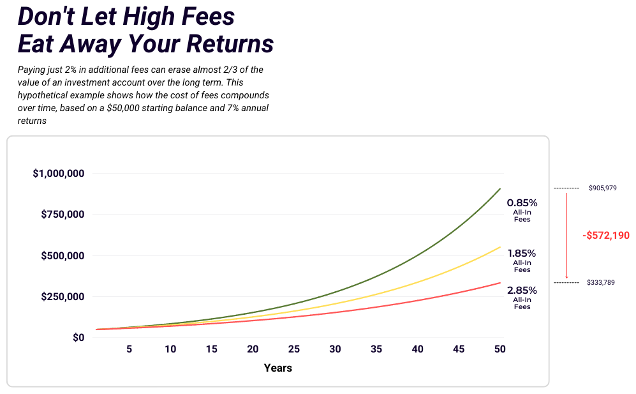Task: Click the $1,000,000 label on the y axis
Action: (x=59, y=174)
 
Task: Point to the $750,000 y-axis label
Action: (x=63, y=215)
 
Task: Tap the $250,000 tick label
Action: (x=63, y=296)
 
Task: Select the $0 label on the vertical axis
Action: (x=78, y=338)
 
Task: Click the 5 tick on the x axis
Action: (x=129, y=349)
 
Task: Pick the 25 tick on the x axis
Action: (x=293, y=349)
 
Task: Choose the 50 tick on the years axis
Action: (x=499, y=349)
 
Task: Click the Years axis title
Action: (x=278, y=368)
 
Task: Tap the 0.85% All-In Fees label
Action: (x=522, y=210)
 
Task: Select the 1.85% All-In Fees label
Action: (x=522, y=261)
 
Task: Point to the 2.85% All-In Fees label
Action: (x=522, y=298)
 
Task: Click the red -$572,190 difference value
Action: (x=606, y=236)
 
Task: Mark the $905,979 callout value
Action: (x=603, y=188)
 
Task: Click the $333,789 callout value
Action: (x=601, y=282)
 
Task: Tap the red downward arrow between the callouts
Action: (x=566, y=236)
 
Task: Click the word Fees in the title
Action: (x=208, y=17)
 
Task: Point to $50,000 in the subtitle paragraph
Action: (x=122, y=108)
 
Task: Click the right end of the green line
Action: (x=500, y=189)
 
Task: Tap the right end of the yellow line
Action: (x=500, y=247)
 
